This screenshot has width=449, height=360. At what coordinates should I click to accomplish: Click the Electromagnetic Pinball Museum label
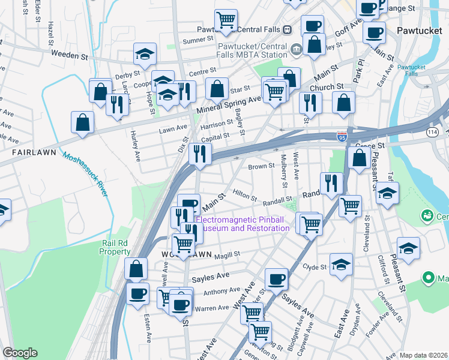243,224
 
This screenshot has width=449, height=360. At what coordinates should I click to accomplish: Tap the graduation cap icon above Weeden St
145,54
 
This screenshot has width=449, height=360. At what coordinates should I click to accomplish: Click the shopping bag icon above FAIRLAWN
82,122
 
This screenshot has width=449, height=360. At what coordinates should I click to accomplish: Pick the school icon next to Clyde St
341,265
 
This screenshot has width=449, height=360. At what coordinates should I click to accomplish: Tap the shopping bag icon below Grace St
359,158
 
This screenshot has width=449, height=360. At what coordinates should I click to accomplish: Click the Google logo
20,353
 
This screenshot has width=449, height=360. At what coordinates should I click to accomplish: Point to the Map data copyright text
423,355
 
